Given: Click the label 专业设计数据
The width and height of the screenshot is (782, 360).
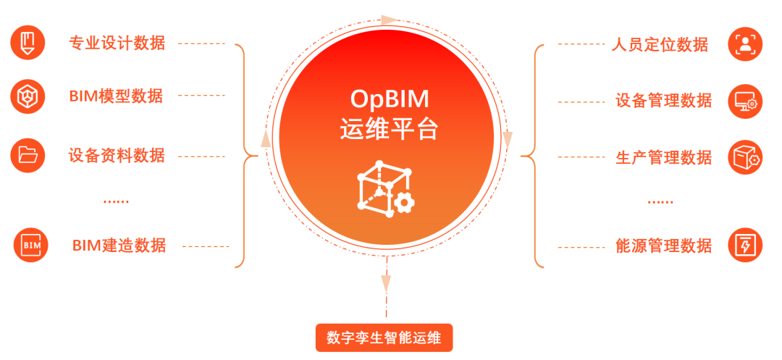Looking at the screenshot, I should tap(117, 43).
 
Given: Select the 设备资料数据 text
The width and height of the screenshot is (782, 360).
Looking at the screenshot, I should tap(117, 155).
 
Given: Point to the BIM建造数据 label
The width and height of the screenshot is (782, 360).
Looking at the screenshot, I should tap(119, 246).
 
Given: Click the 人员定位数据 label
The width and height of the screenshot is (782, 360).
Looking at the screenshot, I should tap(660, 44).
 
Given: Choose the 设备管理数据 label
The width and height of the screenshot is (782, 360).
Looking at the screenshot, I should tap(664, 100).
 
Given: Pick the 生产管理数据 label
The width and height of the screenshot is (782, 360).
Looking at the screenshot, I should tap(664, 157).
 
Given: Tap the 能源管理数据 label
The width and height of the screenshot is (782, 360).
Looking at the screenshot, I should tap(664, 246).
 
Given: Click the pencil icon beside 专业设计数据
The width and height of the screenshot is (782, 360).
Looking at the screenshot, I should tap(28, 42).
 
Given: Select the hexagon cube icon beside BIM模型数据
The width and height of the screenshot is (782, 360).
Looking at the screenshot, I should tap(28, 96).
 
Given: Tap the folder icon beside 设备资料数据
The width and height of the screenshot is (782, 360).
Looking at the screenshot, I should tap(28, 154).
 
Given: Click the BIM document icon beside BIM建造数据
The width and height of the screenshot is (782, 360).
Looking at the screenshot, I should tap(31, 245).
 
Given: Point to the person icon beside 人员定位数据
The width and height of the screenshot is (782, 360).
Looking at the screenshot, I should tap(745, 43).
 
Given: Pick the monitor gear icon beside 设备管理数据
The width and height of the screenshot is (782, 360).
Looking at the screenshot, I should tap(745, 100).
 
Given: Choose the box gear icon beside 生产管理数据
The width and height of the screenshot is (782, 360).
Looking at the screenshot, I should tap(745, 157).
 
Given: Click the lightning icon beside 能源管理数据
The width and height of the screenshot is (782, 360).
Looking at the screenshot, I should tap(745, 245).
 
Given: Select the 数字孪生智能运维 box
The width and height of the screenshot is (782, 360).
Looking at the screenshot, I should tap(384, 338).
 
